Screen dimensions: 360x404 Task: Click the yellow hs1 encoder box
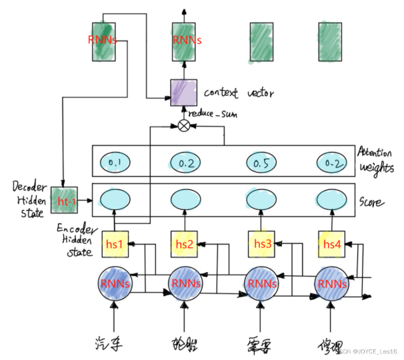click(x=114, y=244)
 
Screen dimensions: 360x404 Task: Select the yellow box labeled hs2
click(x=185, y=244)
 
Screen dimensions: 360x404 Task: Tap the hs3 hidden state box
click(x=260, y=244)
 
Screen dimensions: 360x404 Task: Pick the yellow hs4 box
click(x=331, y=244)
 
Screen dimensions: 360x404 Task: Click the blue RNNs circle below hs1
click(x=115, y=283)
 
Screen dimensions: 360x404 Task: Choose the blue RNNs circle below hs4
click(x=331, y=283)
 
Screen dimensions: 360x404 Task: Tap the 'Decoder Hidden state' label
click(x=28, y=196)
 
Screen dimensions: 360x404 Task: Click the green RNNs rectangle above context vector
click(x=185, y=39)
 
